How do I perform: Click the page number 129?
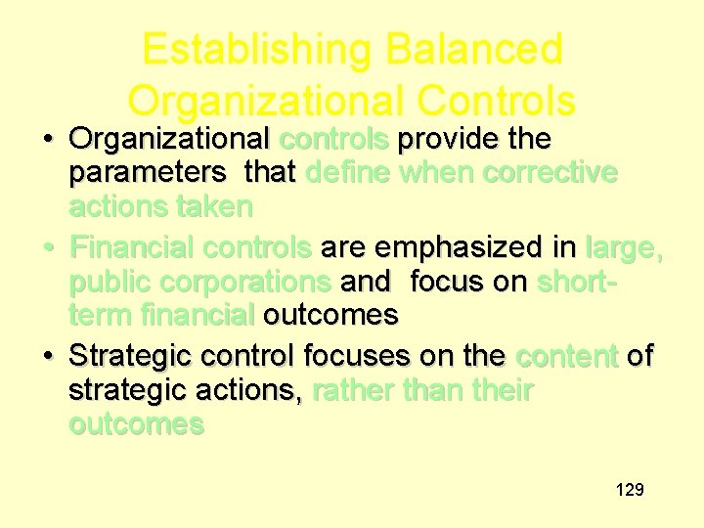[x=630, y=489]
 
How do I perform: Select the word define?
[x=348, y=173]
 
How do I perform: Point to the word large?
[x=623, y=248]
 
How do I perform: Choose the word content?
[x=567, y=356]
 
